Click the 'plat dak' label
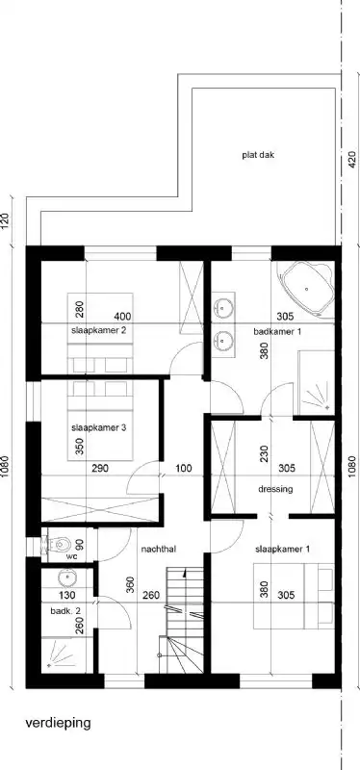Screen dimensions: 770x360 click(x=259, y=154)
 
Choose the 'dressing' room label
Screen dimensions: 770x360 click(x=274, y=488)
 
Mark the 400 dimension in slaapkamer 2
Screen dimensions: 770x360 click(x=122, y=317)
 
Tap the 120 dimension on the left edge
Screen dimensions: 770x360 click(x=6, y=219)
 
